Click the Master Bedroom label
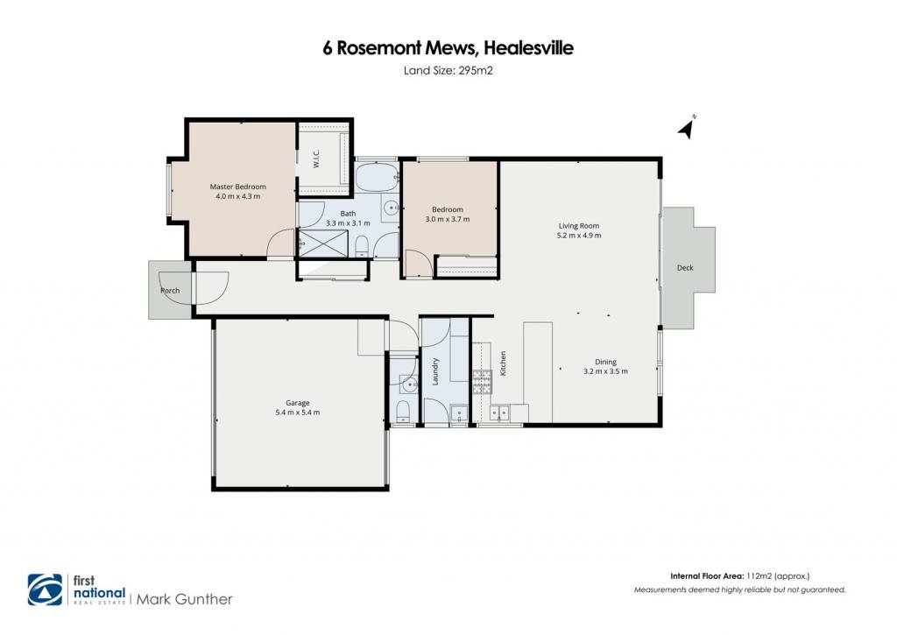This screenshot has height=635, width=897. point(237,187)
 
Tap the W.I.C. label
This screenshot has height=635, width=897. point(316,159)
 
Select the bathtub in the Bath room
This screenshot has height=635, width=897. point(377,177)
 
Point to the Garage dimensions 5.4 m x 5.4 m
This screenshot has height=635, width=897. point(298,413)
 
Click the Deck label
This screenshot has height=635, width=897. point(685,268)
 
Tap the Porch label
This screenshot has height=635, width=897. point(170,291)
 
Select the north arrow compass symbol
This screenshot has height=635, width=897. point(688,127)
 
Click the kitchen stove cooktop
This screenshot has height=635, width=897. point(482,382)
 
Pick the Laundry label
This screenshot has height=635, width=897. point(434,371)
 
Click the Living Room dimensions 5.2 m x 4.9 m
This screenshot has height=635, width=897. point(579,235)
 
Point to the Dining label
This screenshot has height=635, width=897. point(605,362)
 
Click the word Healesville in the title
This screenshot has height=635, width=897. point(528,48)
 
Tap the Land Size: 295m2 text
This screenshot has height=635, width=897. point(448,71)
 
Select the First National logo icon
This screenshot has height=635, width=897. point(46,589)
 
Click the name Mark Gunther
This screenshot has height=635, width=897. point(184,600)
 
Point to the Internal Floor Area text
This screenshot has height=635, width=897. point(707,576)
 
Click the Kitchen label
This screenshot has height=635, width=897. point(504,363)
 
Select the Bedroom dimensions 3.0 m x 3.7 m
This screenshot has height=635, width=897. point(448,219)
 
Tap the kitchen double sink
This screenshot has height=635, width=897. point(499,412)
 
